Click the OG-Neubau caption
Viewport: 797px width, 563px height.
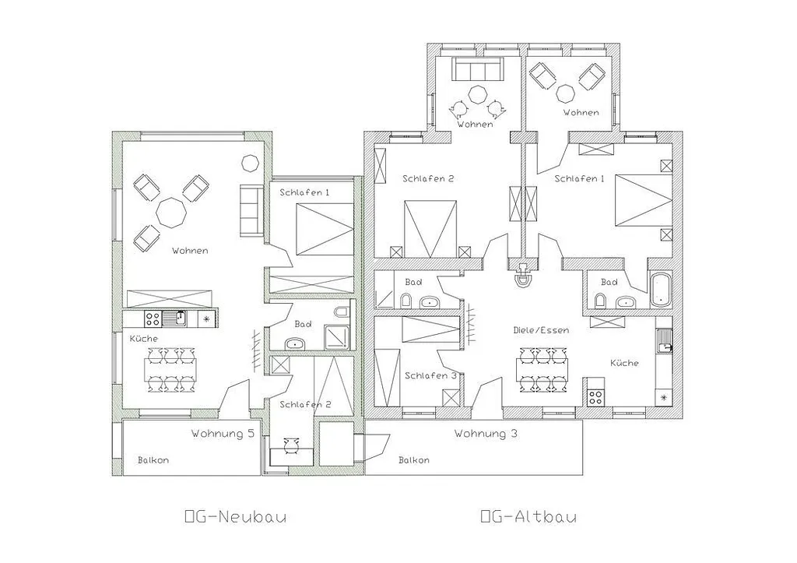pyautogui.click(x=235, y=517)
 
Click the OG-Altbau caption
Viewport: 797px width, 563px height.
pyautogui.click(x=528, y=517)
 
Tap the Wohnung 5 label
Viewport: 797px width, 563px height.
pyautogui.click(x=223, y=434)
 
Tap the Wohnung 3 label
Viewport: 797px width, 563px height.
pyautogui.click(x=486, y=434)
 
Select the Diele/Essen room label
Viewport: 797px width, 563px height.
pyautogui.click(x=541, y=330)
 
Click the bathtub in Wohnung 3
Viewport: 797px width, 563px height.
pyautogui.click(x=660, y=290)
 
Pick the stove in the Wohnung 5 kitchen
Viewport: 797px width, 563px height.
pyautogui.click(x=153, y=318)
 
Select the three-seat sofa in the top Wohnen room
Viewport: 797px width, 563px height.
pyautogui.click(x=477, y=69)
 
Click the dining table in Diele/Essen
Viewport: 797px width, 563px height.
pyautogui.click(x=542, y=370)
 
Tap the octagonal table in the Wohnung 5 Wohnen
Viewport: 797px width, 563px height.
pyautogui.click(x=171, y=213)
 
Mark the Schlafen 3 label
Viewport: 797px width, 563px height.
pyautogui.click(x=430, y=376)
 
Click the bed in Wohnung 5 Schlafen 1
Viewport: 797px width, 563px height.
pyautogui.click(x=324, y=229)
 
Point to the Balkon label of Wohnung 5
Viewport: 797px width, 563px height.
pyautogui.click(x=153, y=460)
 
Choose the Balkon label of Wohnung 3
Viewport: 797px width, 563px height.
pyautogui.click(x=414, y=460)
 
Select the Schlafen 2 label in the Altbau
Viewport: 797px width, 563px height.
pyautogui.click(x=428, y=178)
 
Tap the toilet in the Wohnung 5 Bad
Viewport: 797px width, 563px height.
pyautogui.click(x=341, y=311)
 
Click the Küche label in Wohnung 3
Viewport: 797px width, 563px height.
pyautogui.click(x=624, y=363)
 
